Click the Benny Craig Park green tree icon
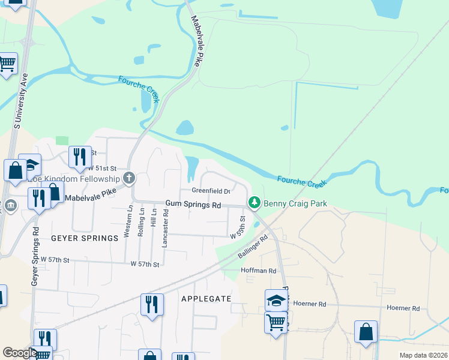[255, 203]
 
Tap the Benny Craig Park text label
[295, 204]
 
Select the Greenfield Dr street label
[211, 191]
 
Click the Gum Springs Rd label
[193, 205]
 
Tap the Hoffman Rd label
[258, 271]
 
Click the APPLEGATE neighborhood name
[206, 298]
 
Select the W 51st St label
[102, 169]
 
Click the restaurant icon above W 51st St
[79, 157]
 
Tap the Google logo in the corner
[20, 353]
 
